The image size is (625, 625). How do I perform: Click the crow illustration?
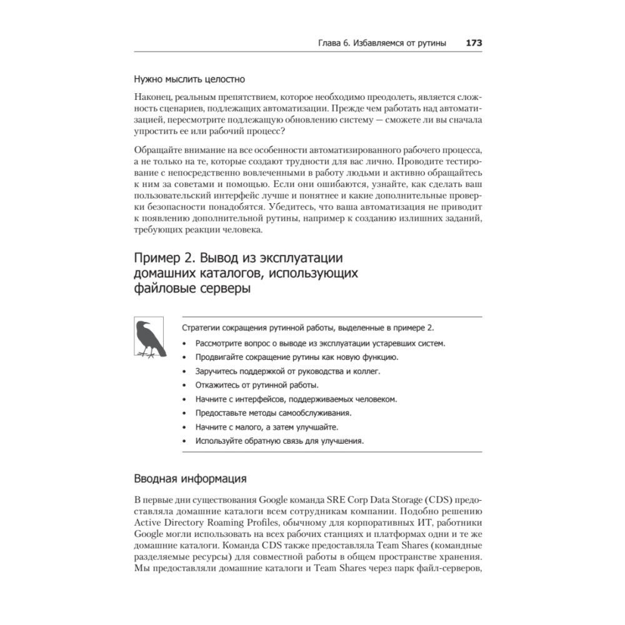point(149,339)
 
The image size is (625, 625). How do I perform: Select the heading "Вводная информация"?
point(190,480)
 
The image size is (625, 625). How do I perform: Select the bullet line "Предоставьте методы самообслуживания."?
point(273,413)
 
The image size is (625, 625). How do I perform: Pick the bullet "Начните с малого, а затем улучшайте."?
point(267,427)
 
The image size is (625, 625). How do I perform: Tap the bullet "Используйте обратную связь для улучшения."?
point(279,441)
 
